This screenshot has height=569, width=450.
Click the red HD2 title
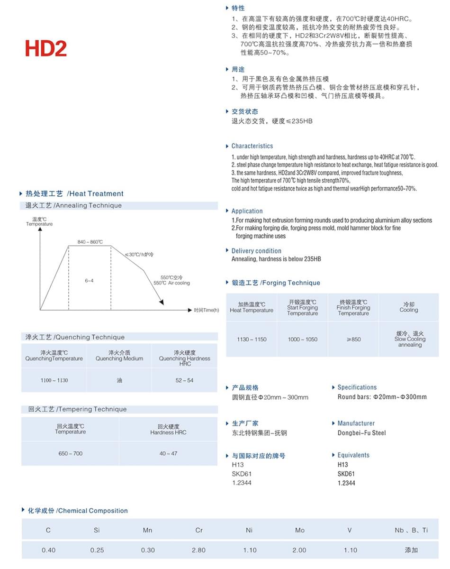tap(46, 49)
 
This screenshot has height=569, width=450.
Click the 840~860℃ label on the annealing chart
tap(90, 242)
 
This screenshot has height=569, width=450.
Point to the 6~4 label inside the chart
tap(89, 281)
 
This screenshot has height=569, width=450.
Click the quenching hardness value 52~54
tap(184, 380)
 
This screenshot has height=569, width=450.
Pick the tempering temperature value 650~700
tap(71, 453)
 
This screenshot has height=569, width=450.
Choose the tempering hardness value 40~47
tap(168, 453)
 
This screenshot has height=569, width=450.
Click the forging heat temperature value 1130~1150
tap(252, 339)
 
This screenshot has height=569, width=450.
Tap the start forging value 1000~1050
tap(302, 339)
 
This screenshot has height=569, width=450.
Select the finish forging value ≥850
tap(353, 339)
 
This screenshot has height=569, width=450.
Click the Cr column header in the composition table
tap(199, 530)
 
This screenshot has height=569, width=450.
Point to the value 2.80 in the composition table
tap(199, 550)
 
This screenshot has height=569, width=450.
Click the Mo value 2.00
tap(299, 550)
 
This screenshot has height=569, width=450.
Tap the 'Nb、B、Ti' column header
tap(411, 530)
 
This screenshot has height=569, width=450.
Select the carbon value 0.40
tap(48, 550)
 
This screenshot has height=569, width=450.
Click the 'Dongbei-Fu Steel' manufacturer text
tap(361, 432)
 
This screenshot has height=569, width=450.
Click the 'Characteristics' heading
tap(252, 146)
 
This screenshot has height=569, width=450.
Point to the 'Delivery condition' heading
tap(256, 251)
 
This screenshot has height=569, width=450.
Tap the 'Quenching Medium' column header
tap(119, 358)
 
